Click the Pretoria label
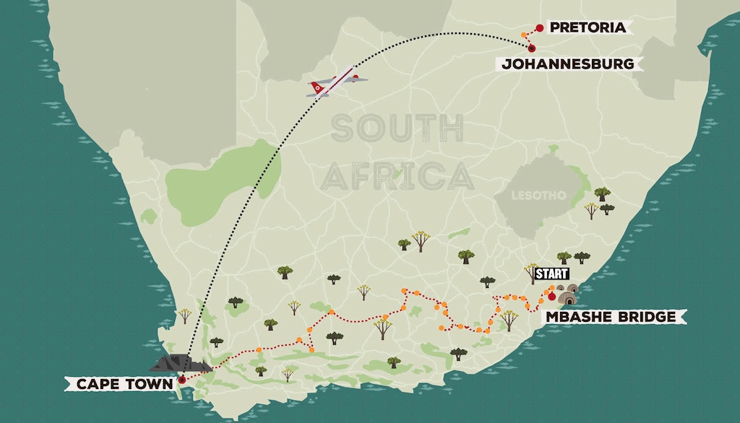(587, 27)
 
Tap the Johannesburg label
(568, 64)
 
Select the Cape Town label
(120, 384)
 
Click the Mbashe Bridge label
(611, 316)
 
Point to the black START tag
(551, 274)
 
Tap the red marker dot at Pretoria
(539, 28)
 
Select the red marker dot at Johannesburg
(533, 48)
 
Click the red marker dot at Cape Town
(182, 379)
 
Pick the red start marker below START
(552, 296)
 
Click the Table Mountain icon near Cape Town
(177, 363)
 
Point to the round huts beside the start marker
(567, 295)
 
